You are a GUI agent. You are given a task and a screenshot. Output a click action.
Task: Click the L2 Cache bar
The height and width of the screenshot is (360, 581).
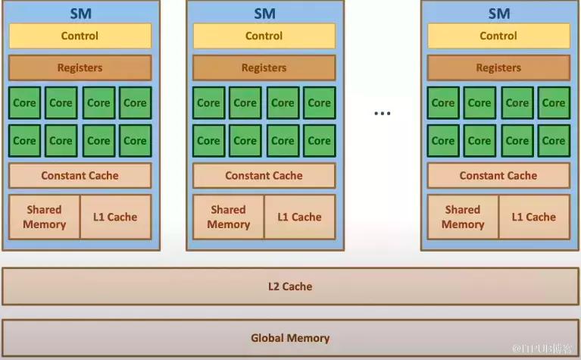tap(290, 286)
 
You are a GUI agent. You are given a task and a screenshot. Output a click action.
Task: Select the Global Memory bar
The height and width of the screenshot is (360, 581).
tap(290, 338)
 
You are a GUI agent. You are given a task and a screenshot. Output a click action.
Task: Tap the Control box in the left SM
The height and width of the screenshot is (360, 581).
tap(80, 36)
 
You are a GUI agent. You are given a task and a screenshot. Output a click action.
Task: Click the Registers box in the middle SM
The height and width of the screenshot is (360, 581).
tap(264, 67)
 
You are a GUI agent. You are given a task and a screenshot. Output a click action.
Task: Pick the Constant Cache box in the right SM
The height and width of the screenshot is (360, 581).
tap(498, 176)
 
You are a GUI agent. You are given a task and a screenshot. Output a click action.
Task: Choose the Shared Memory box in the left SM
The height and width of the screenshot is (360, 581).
tap(44, 217)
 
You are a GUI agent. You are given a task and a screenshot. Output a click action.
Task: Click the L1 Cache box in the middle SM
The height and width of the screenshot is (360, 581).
tap(299, 217)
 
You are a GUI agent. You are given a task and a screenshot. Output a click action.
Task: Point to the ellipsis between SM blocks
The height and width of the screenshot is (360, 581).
tap(382, 114)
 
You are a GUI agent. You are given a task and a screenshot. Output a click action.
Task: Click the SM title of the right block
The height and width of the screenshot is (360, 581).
tap(498, 13)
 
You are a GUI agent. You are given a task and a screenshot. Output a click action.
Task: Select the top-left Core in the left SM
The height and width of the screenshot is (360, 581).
tap(24, 103)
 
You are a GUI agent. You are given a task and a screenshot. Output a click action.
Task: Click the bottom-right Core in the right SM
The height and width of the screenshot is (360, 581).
tap(553, 140)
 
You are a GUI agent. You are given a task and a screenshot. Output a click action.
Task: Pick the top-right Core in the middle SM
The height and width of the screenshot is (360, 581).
tap(319, 103)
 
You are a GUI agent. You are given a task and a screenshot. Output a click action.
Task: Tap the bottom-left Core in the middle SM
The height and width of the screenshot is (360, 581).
tap(208, 140)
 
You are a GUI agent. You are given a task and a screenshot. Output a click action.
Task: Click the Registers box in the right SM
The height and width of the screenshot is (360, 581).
tap(498, 67)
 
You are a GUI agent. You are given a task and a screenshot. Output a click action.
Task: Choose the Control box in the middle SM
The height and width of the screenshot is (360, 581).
tap(264, 36)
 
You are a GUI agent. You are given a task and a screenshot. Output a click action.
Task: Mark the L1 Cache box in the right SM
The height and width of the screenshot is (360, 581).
tap(533, 217)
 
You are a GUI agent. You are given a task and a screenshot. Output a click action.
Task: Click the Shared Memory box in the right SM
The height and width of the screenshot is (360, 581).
tap(462, 217)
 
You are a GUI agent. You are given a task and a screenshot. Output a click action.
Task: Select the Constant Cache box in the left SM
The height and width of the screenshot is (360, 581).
tap(80, 176)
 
